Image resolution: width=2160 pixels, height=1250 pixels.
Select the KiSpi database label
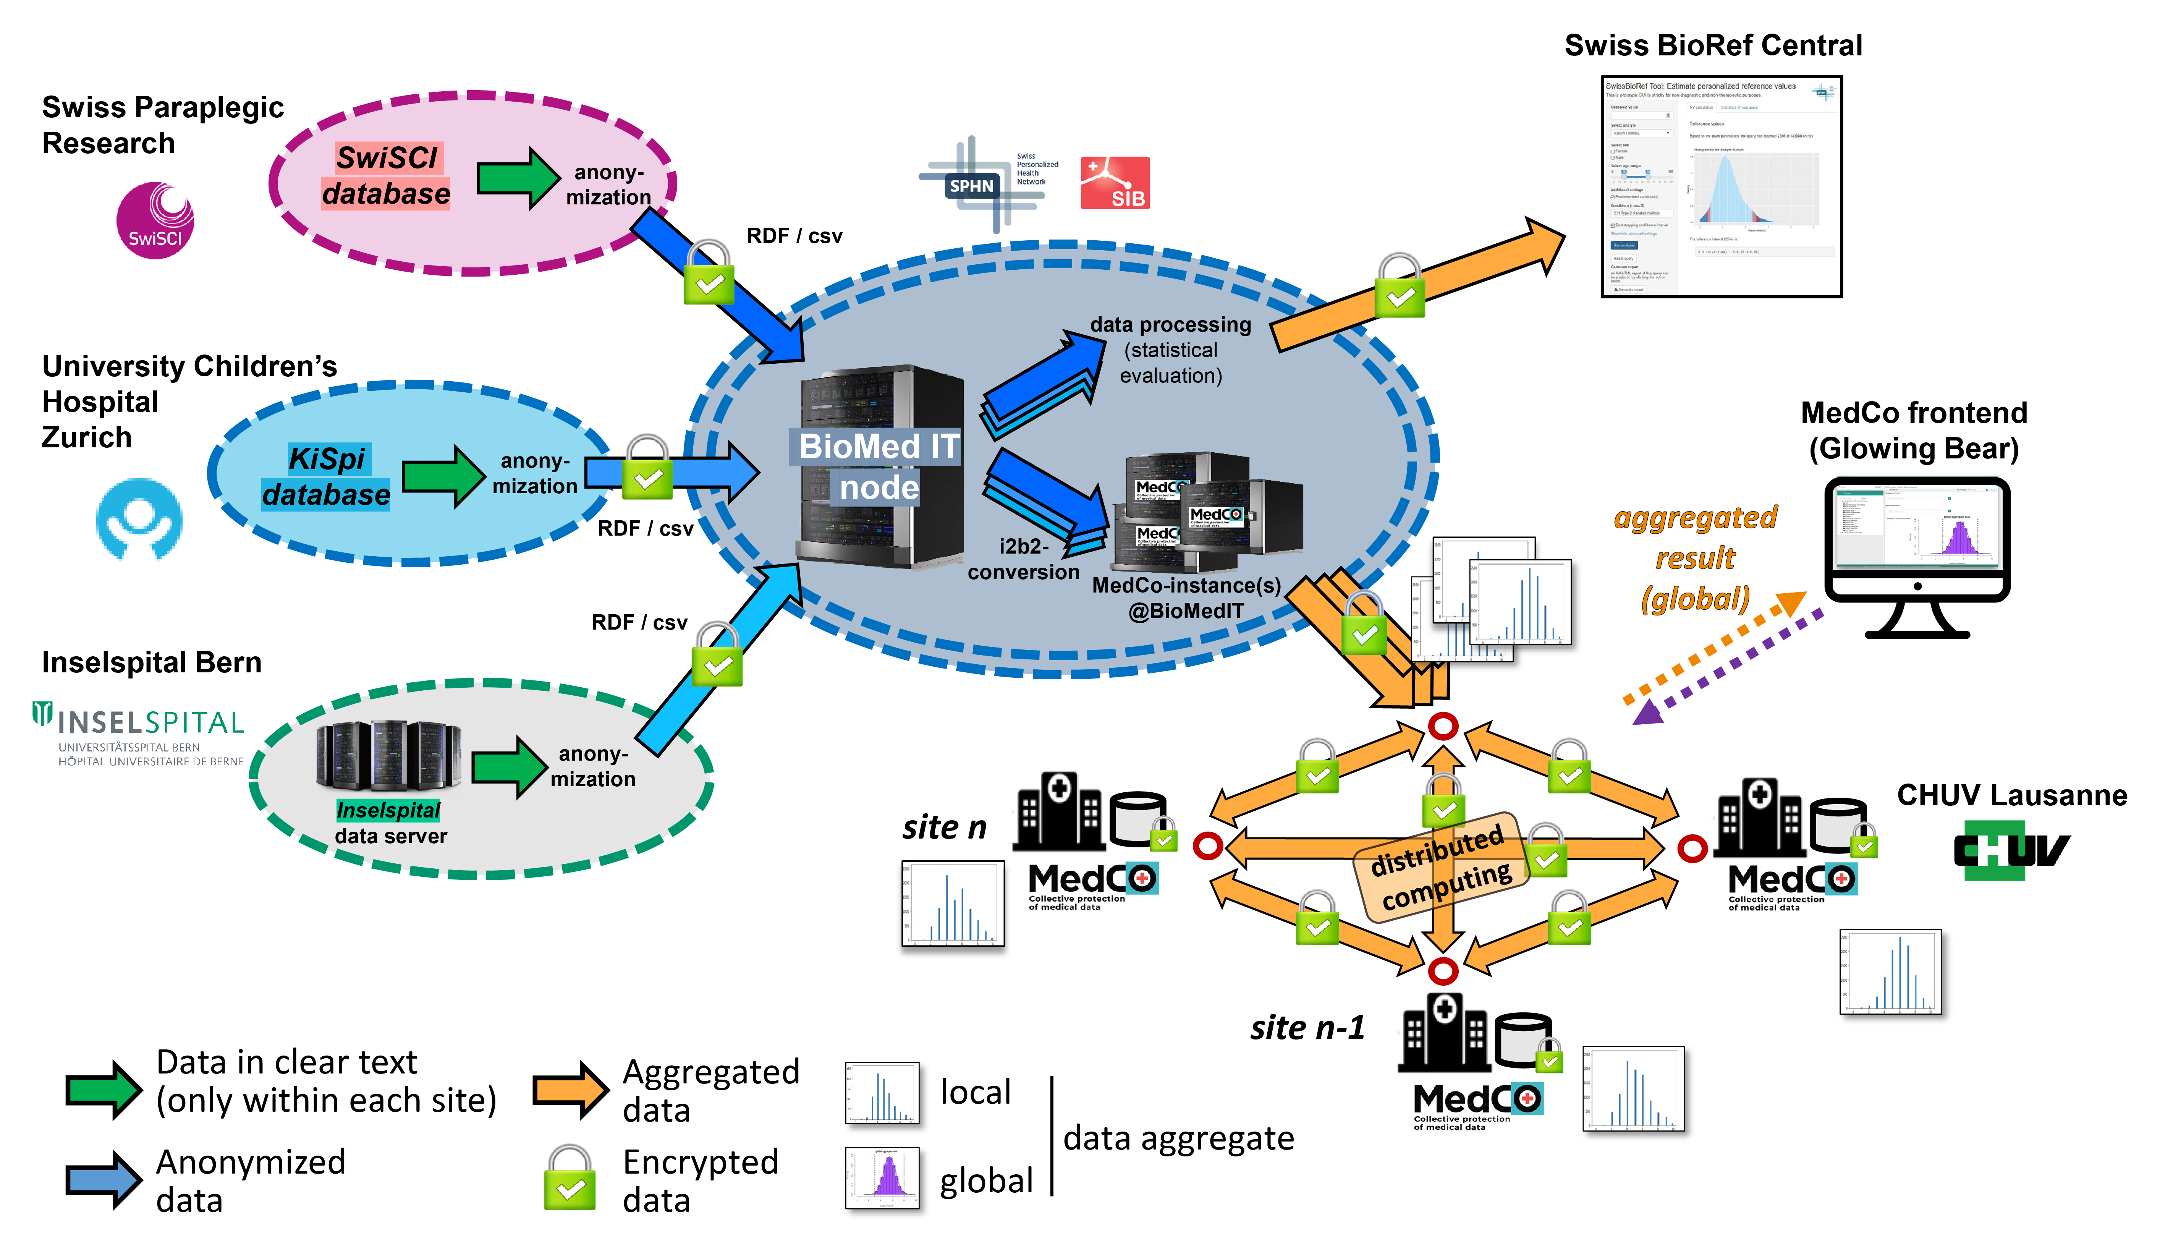point(327,477)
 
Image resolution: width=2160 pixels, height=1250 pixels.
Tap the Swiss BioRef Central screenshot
point(1721,187)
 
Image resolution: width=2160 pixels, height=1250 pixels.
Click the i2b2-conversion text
point(1023,559)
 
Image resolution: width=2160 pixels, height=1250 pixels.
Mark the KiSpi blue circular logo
point(139,519)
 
